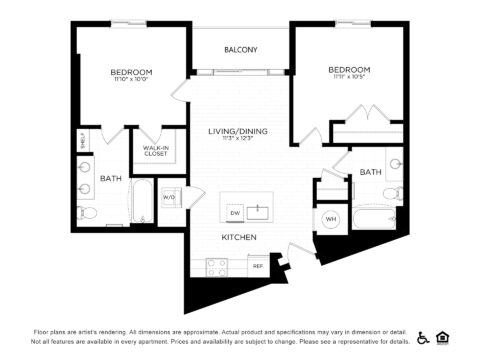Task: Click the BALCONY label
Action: [240, 50]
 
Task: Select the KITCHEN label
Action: [239, 237]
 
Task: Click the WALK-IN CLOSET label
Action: [155, 151]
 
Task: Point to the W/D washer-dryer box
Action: [169, 197]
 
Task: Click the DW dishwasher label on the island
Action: [234, 212]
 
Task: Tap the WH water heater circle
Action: [330, 219]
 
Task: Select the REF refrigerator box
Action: [257, 266]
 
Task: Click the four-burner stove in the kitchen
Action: [216, 266]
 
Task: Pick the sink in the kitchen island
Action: [259, 211]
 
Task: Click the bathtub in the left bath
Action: [142, 203]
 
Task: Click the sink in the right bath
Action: [395, 161]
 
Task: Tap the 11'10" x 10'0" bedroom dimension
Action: [131, 82]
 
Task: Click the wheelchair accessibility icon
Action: [423, 337]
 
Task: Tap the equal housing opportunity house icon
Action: [443, 337]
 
